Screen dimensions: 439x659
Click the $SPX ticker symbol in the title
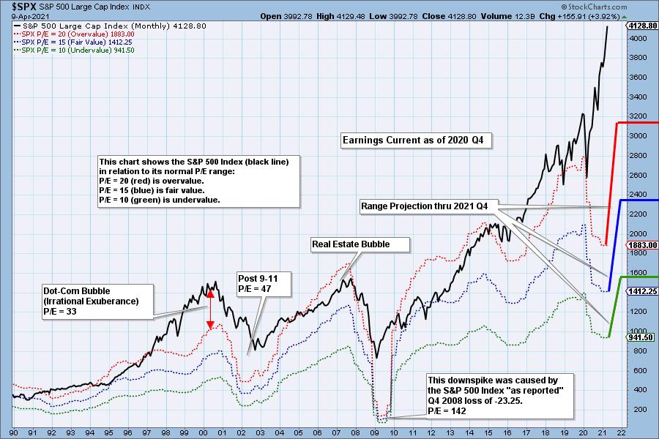(16, 7)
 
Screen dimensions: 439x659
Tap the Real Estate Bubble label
(360, 244)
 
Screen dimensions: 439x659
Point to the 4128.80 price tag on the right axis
(642, 25)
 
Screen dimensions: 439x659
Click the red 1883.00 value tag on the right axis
(642, 245)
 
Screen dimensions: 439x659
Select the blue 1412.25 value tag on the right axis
(642, 291)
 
